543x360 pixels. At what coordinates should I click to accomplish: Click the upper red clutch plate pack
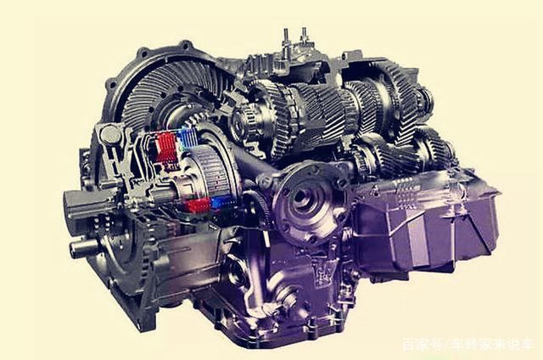coord(166,147)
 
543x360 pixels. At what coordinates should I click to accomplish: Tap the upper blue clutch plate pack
coord(187,138)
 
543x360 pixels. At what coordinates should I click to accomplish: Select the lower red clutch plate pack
coord(198,205)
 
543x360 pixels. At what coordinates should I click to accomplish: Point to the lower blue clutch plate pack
coord(221,202)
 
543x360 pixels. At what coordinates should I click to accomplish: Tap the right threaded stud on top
coord(304,37)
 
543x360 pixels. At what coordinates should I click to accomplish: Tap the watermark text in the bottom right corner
coord(467,345)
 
